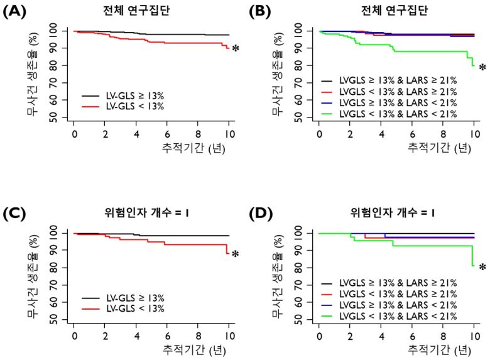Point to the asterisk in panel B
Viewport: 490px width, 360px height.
[x=482, y=68]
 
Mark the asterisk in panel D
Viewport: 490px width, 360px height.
[x=482, y=268]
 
